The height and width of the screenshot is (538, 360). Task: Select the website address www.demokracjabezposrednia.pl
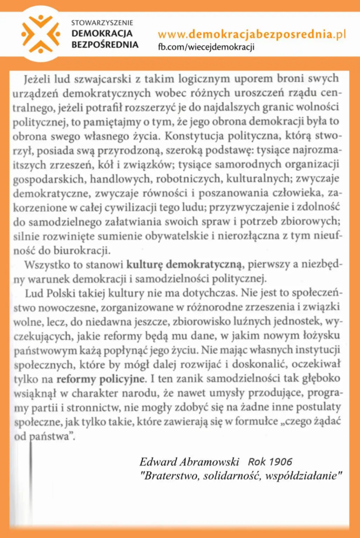[252, 35]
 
